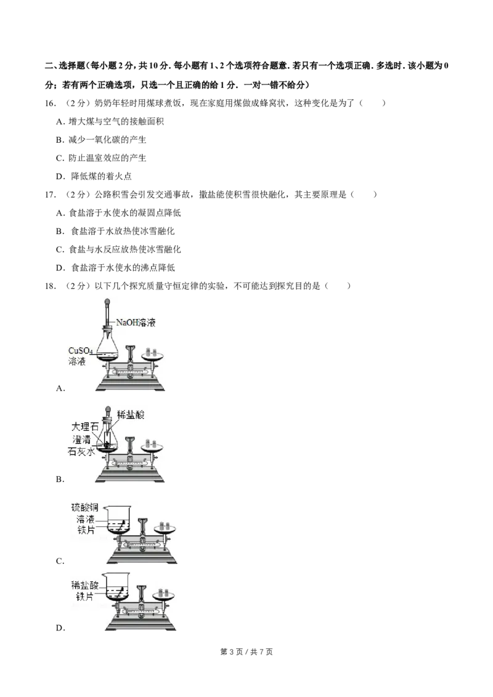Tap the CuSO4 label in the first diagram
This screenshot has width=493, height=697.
pyautogui.click(x=81, y=351)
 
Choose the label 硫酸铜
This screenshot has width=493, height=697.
pyautogui.click(x=86, y=507)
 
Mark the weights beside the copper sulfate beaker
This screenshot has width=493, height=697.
pyautogui.click(x=164, y=525)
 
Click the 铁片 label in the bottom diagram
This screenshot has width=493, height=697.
pyautogui.click(x=84, y=596)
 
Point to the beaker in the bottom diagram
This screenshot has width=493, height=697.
pyautogui.click(x=118, y=587)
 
